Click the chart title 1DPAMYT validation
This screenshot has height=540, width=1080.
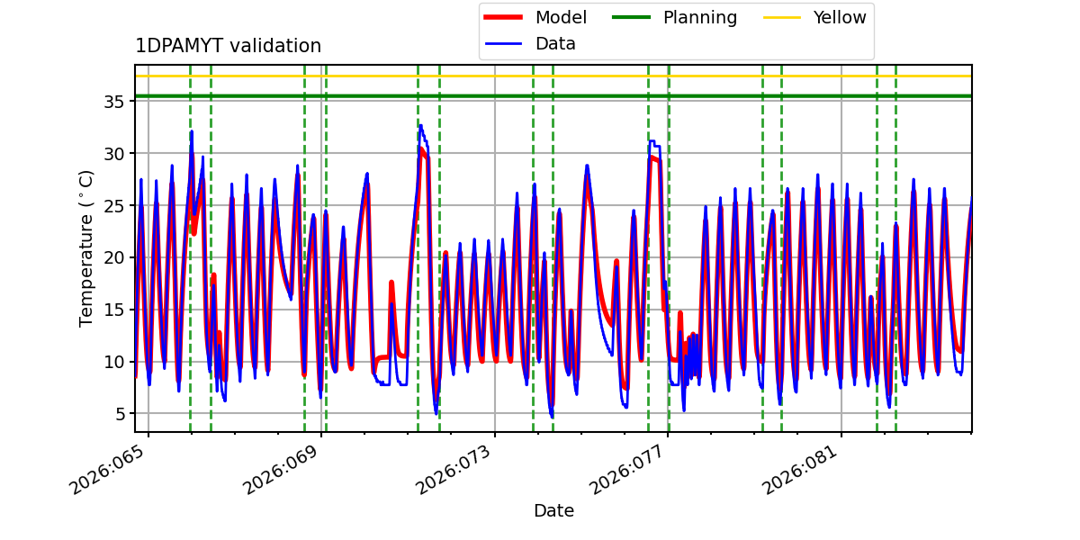coord(228,46)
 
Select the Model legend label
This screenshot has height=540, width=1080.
coord(561,17)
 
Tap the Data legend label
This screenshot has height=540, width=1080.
coord(555,43)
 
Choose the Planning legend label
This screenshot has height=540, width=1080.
coord(699,17)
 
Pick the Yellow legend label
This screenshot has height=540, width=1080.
coord(839,17)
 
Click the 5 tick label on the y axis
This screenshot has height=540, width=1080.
coord(118,414)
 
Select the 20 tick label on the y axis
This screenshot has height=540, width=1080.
coord(112,257)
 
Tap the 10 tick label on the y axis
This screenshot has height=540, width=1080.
coord(112,362)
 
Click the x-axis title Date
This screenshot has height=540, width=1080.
coord(553,510)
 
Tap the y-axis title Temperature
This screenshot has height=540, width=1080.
coord(86,247)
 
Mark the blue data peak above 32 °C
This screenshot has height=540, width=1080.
coord(419,126)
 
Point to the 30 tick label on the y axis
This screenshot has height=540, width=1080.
coord(112,153)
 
